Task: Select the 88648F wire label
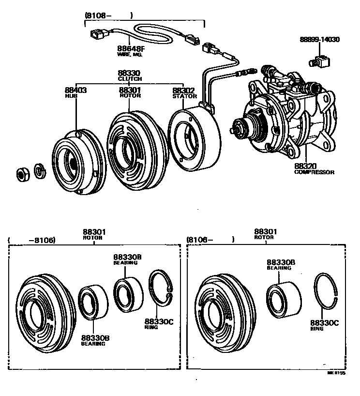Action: (x=130, y=48)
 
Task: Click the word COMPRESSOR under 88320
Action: (x=314, y=172)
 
